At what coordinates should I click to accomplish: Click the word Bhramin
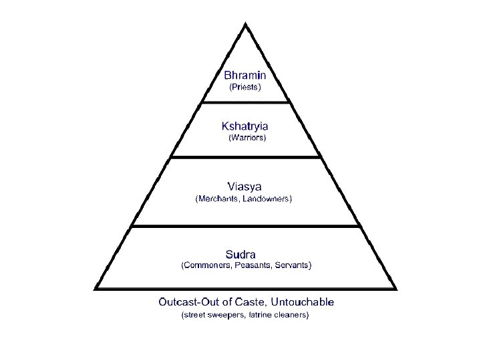[245, 75]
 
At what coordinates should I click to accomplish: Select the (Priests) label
[245, 87]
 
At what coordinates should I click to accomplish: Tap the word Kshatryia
[245, 125]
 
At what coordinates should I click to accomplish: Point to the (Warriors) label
[247, 138]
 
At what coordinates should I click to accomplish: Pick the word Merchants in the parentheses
[218, 199]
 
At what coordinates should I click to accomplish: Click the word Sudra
[240, 254]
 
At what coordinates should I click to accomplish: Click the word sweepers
[226, 314]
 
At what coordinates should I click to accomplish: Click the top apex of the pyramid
[246, 25]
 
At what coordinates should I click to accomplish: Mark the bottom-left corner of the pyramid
[96, 288]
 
